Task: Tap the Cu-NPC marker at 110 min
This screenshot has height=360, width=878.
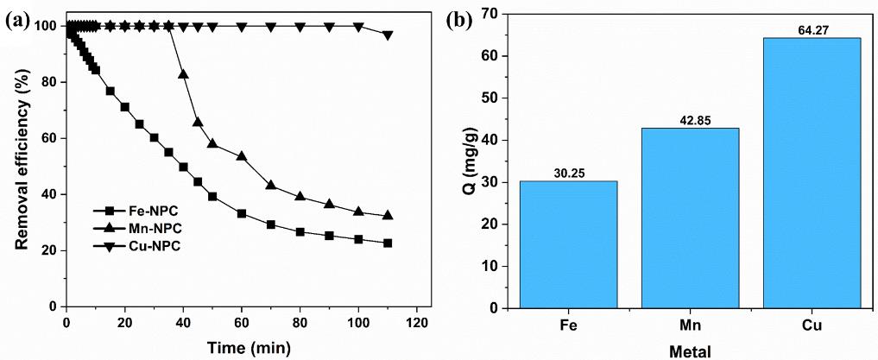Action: tap(388, 35)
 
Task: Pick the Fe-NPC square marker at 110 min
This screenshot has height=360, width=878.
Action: tap(388, 243)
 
